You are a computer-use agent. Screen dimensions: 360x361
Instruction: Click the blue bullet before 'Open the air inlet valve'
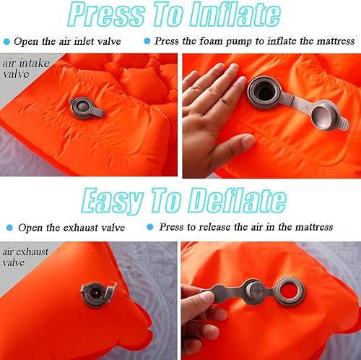point(7,41)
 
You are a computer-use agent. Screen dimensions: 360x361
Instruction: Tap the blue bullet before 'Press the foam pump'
point(148,41)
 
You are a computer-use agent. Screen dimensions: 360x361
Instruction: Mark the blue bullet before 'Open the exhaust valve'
point(7,227)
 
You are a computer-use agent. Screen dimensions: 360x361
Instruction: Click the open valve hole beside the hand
point(262,91)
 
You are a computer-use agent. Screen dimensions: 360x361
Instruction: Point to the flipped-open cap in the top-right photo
point(320,114)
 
